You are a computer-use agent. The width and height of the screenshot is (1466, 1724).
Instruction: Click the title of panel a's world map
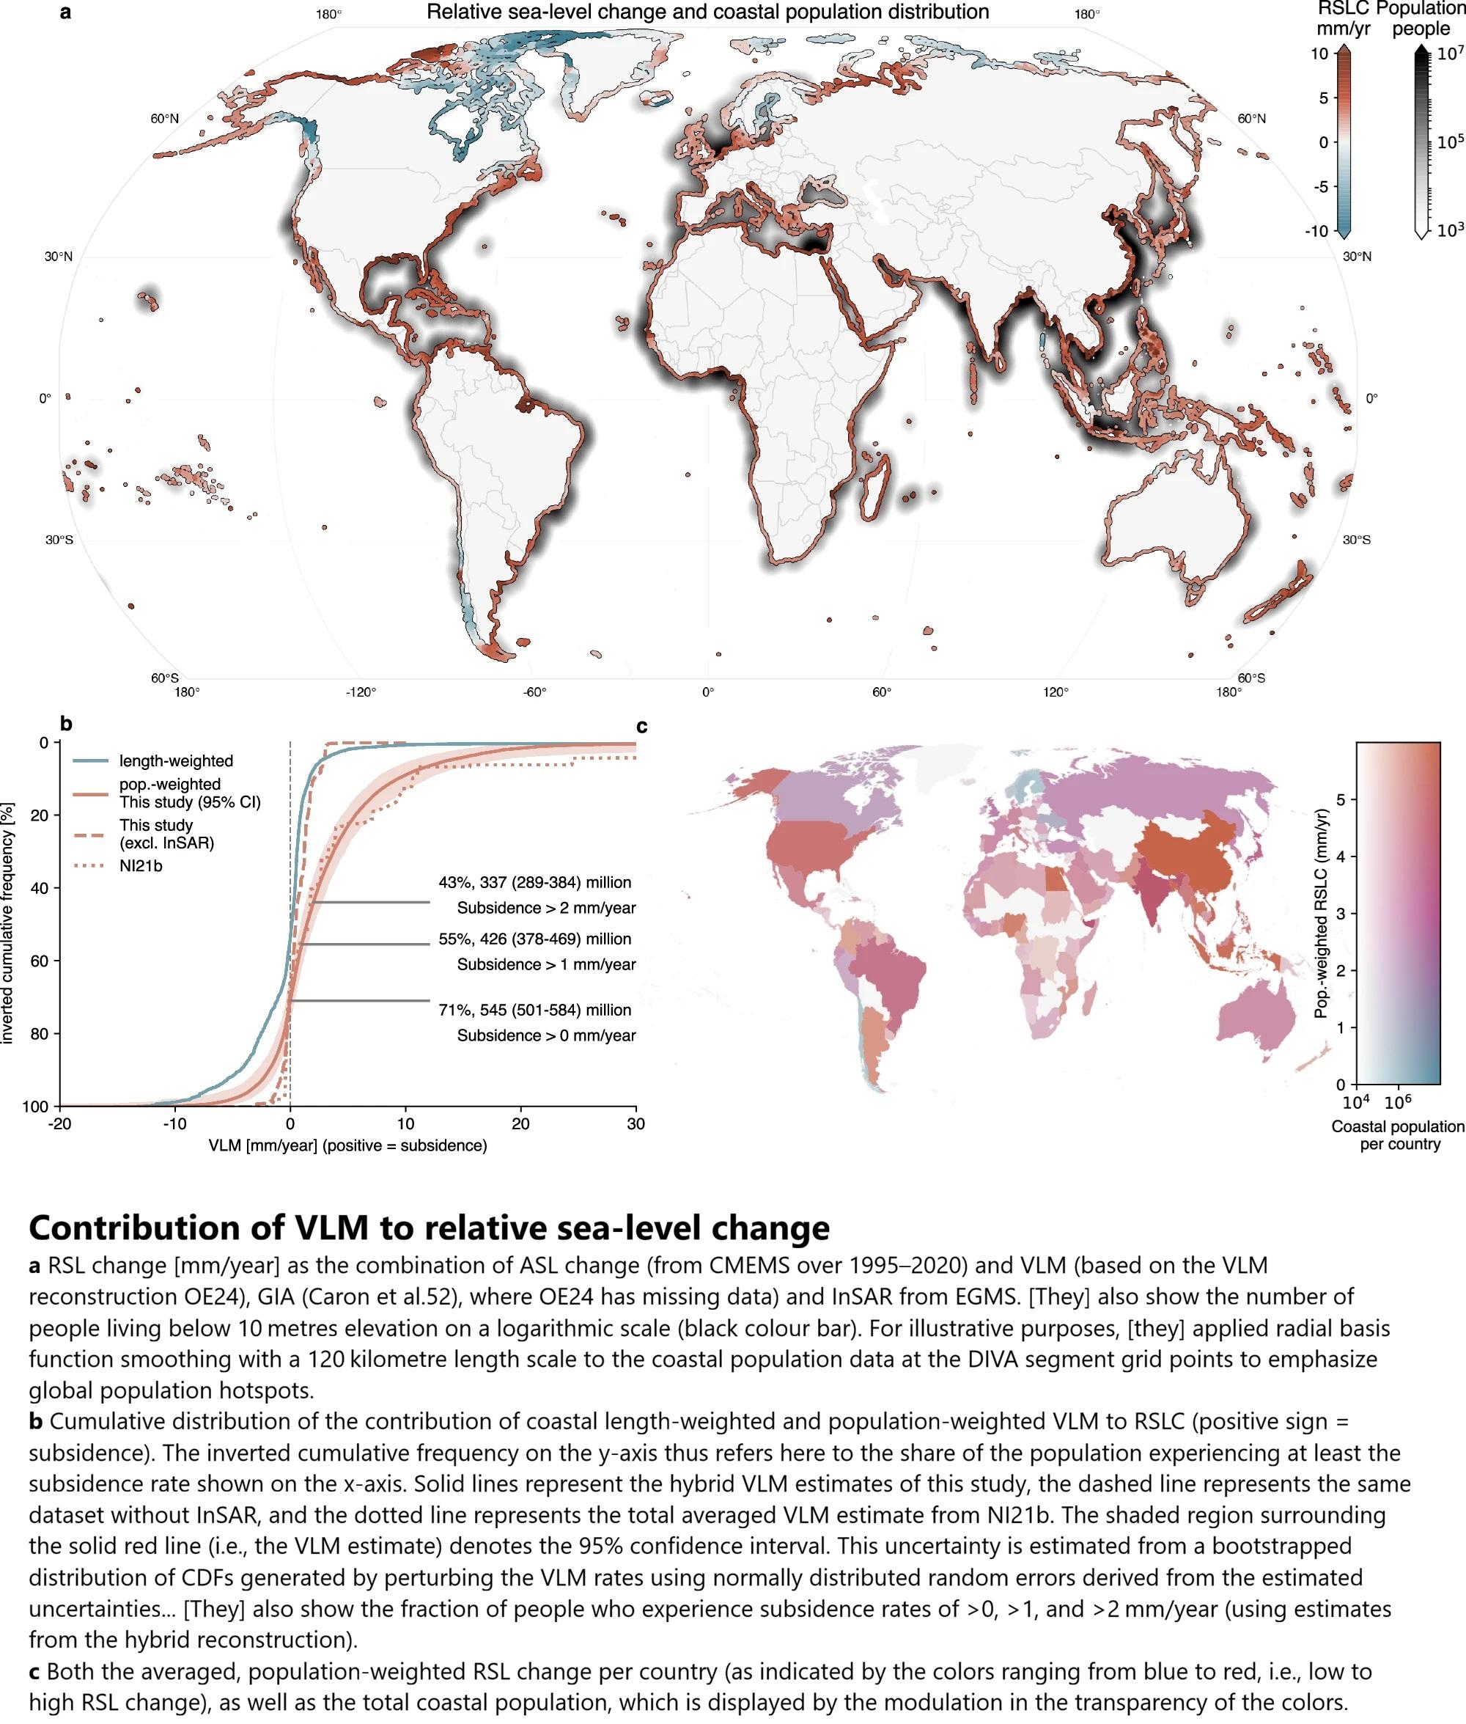click(707, 12)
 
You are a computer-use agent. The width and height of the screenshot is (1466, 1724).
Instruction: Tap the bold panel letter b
click(67, 723)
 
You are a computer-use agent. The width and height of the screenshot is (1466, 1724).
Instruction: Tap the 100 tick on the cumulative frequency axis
click(38, 1107)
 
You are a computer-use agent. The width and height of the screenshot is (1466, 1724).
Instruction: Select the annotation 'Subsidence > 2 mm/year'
click(546, 908)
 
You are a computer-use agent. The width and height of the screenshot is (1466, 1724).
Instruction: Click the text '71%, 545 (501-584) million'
click(535, 1010)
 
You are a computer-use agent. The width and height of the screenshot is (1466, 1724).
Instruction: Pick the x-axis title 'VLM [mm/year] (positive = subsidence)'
click(347, 1145)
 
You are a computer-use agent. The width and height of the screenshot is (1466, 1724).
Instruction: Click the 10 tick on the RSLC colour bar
click(1319, 54)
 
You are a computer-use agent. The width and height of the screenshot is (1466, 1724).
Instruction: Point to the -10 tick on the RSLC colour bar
click(1316, 231)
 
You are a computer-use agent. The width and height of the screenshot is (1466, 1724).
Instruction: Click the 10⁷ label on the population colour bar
click(1450, 54)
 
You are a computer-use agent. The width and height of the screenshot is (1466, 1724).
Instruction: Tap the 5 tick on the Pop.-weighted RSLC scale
click(1341, 799)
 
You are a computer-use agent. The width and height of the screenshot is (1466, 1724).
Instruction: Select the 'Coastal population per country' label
click(1398, 1135)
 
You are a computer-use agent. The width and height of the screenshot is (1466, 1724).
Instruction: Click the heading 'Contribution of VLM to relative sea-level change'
click(430, 1228)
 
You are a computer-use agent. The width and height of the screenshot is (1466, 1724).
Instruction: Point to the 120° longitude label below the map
click(1056, 692)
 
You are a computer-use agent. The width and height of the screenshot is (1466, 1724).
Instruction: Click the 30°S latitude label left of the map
click(59, 540)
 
